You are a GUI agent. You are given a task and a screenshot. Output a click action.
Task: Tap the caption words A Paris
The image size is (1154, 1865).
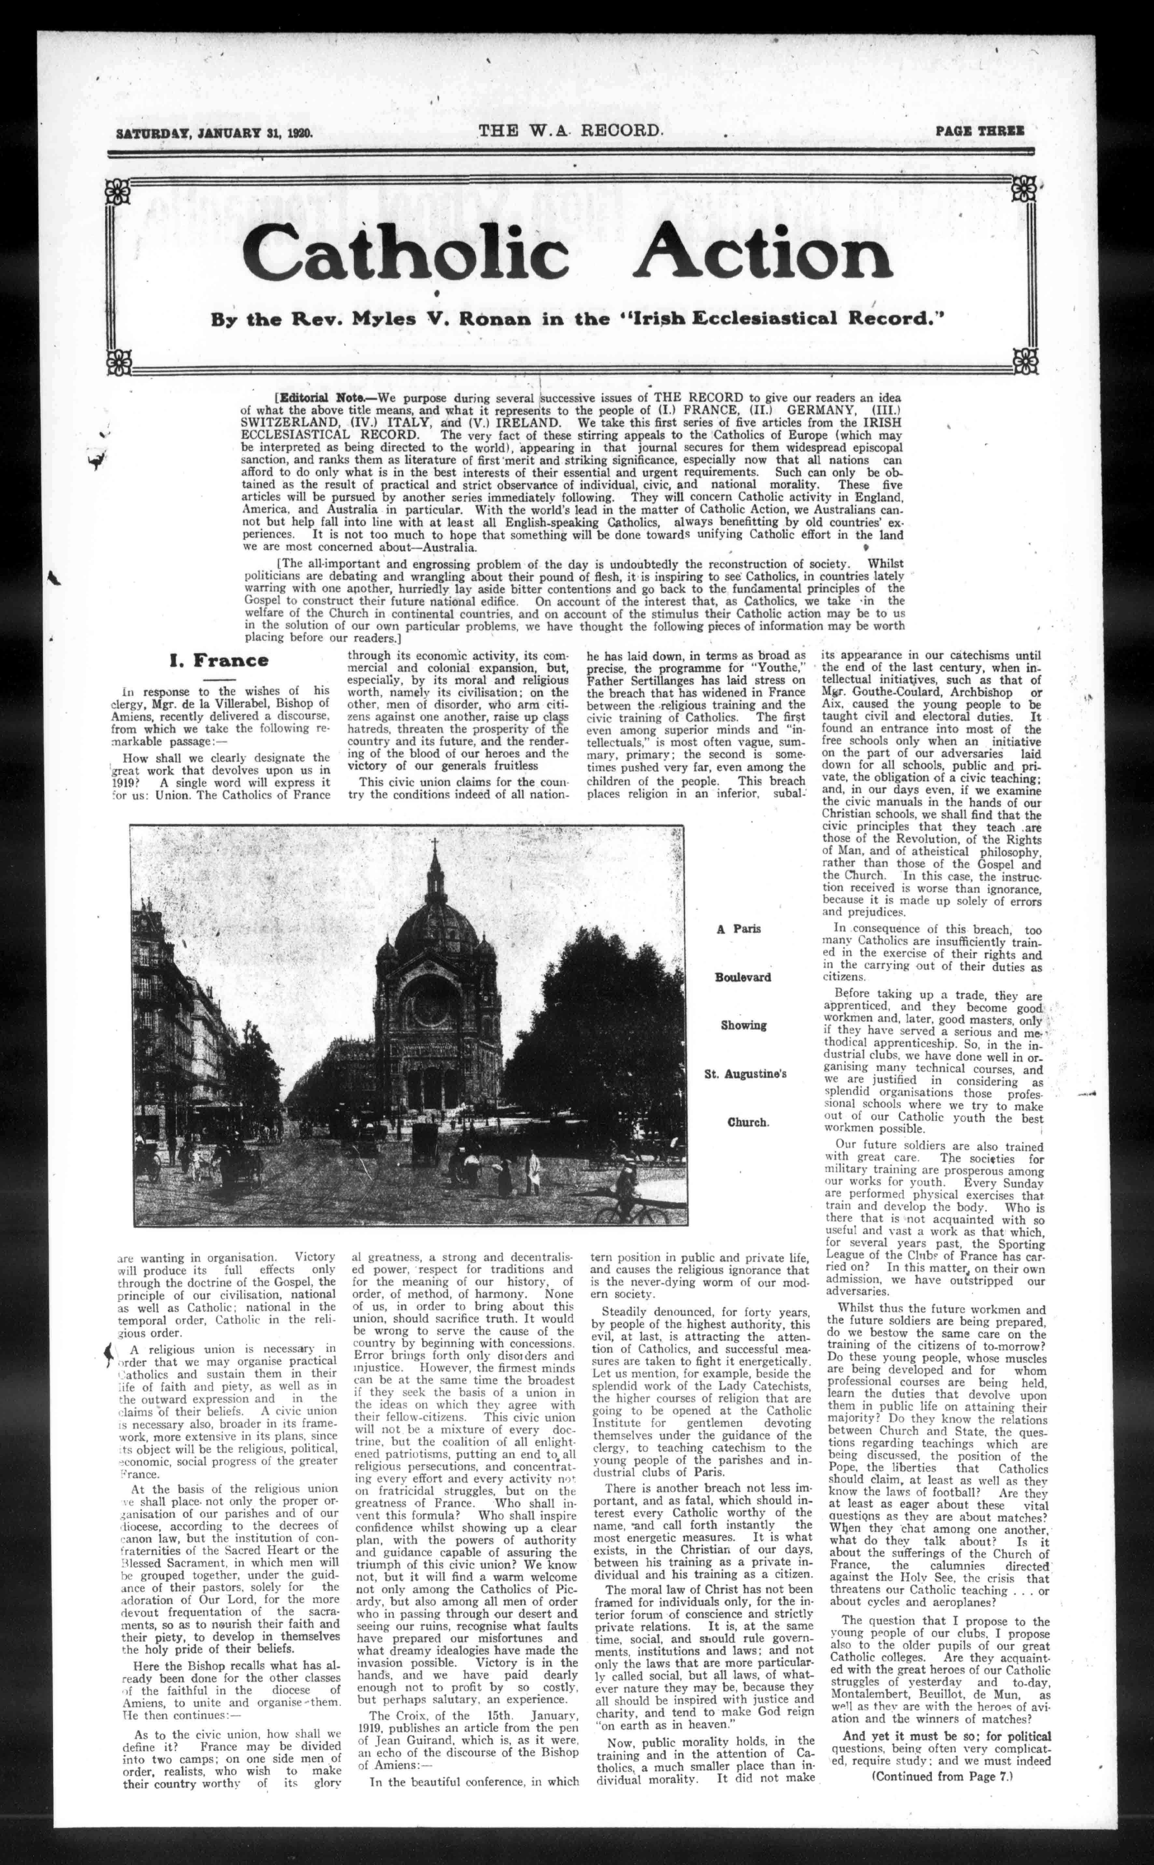coord(739,929)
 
